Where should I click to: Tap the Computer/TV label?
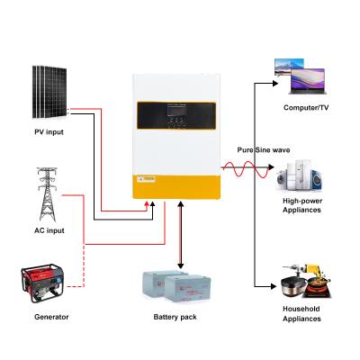(x=302, y=108)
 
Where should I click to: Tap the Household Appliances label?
(x=302, y=314)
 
